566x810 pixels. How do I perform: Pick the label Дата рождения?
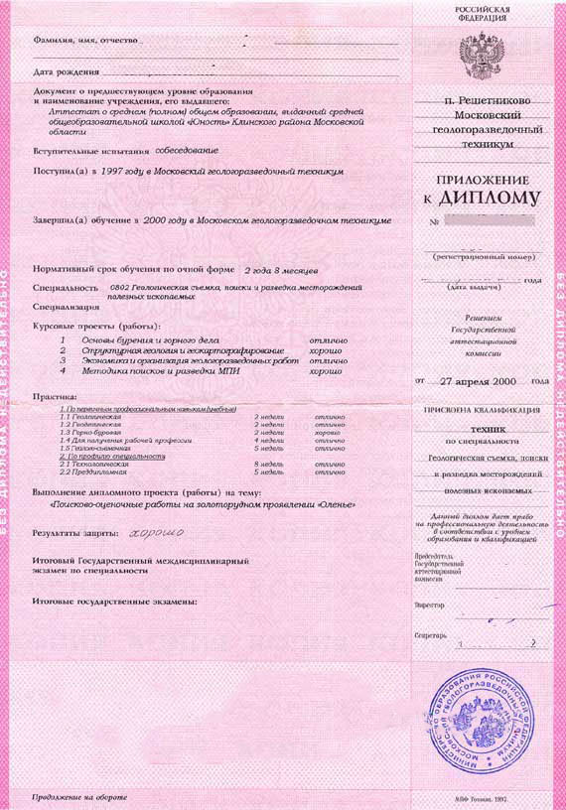(66, 73)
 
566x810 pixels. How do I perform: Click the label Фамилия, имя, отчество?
(84, 43)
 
